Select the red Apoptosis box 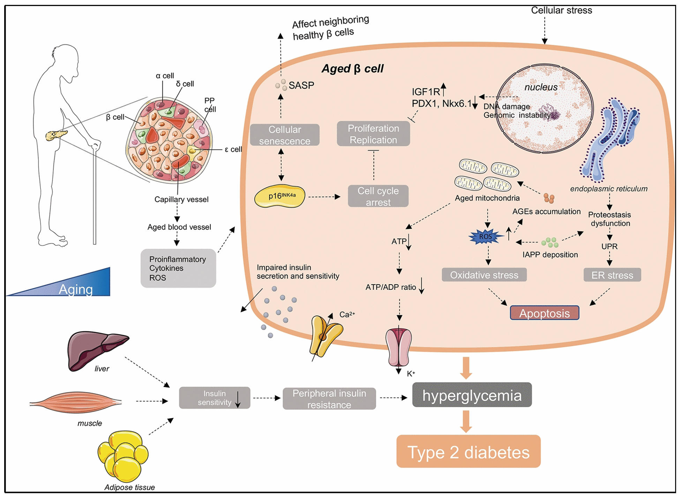click(x=544, y=313)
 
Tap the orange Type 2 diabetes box click(x=468, y=452)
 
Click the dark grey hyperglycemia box click(x=472, y=395)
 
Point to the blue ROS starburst click(x=486, y=237)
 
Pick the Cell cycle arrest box click(x=378, y=196)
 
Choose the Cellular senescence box click(x=285, y=135)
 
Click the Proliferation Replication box click(x=373, y=134)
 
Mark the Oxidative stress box click(x=484, y=275)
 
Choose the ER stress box click(x=612, y=275)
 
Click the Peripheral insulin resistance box click(x=329, y=399)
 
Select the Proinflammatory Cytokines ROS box click(x=178, y=268)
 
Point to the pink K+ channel click(x=399, y=347)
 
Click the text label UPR click(x=609, y=246)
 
